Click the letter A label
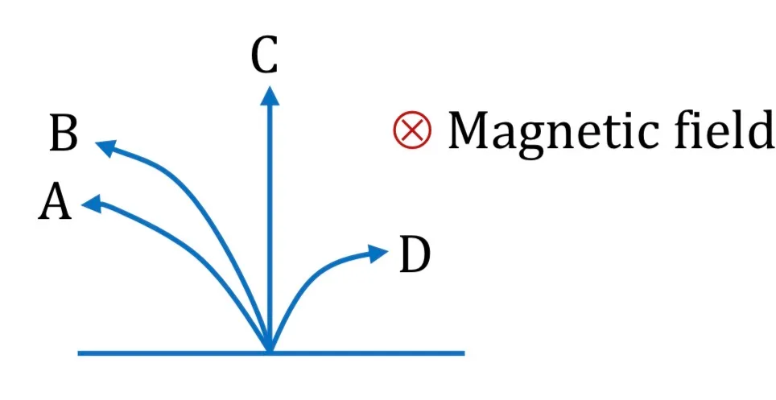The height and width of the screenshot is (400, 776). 55,200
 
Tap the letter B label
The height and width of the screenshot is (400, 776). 64,134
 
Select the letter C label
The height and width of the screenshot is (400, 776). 264,56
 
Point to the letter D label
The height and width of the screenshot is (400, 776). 415,255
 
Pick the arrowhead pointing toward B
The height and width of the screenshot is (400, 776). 105,148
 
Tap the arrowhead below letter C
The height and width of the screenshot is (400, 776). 269,95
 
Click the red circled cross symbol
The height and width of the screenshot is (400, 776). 412,130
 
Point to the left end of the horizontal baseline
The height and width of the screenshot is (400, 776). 78,353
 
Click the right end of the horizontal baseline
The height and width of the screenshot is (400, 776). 464,353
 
